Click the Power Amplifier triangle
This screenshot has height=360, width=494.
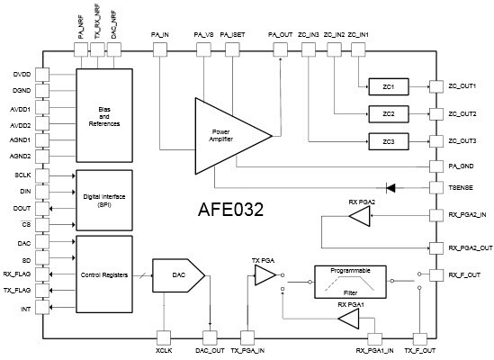click(x=225, y=133)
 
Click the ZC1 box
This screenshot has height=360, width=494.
click(x=388, y=86)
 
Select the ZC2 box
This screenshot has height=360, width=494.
click(x=388, y=114)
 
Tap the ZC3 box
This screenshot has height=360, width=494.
click(x=388, y=142)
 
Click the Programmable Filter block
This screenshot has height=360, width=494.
click(x=354, y=282)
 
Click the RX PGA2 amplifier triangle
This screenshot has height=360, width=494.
click(x=359, y=217)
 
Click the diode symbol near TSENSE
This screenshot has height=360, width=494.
click(x=391, y=188)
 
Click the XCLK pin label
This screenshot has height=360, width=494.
click(x=164, y=352)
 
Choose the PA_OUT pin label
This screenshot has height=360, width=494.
click(x=282, y=35)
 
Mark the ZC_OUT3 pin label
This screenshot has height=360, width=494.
click(x=462, y=141)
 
